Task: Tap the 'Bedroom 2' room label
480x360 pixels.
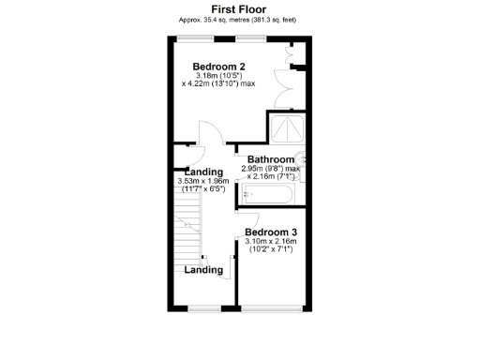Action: point(218,67)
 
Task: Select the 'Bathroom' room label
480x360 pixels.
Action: point(270,159)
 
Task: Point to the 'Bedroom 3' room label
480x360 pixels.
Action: point(270,232)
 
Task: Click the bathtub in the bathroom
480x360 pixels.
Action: point(269,195)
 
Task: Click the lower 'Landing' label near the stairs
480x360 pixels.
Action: point(204,270)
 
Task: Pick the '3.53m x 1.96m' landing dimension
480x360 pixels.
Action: point(203,182)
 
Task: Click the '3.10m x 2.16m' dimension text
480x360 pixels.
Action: point(270,242)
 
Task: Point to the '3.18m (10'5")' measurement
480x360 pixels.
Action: point(218,76)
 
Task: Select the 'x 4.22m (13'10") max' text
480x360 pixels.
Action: point(218,84)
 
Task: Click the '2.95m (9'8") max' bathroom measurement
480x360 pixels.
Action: point(273,169)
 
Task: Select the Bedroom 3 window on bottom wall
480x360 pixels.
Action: point(272,307)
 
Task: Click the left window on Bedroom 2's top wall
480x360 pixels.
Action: point(194,37)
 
